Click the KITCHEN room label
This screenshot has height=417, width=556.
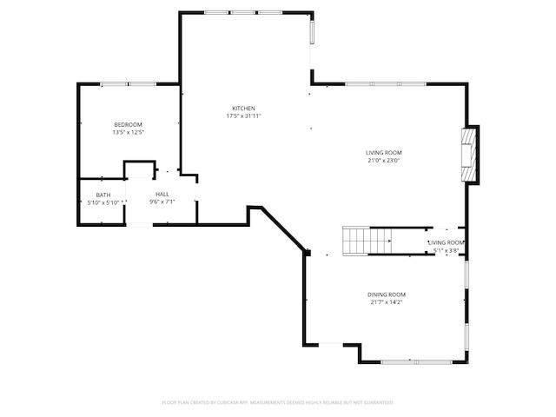click(x=243, y=109)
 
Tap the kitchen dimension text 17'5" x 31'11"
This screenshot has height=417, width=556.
click(x=243, y=116)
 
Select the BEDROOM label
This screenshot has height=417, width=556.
click(x=128, y=125)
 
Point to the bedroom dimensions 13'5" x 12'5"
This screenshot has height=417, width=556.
click(x=128, y=132)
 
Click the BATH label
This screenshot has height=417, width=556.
click(x=103, y=195)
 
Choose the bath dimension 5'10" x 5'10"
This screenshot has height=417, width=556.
click(x=103, y=202)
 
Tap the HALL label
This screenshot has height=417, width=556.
click(x=162, y=194)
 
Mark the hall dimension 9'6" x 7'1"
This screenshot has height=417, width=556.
click(x=162, y=202)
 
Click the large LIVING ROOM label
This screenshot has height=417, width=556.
click(x=383, y=153)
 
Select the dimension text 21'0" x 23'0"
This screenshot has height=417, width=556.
click(x=383, y=160)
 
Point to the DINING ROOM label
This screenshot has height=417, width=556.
click(x=387, y=295)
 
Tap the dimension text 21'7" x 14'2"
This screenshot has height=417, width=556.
click(x=387, y=301)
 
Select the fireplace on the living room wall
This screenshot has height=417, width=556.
click(x=470, y=155)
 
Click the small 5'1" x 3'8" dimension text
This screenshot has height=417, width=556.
click(x=446, y=251)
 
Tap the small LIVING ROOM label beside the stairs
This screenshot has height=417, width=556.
click(x=446, y=243)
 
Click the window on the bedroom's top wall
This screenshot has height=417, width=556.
click(x=128, y=83)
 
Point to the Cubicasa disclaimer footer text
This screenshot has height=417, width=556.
click(x=278, y=402)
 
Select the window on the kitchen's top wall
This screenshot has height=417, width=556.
click(x=243, y=12)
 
